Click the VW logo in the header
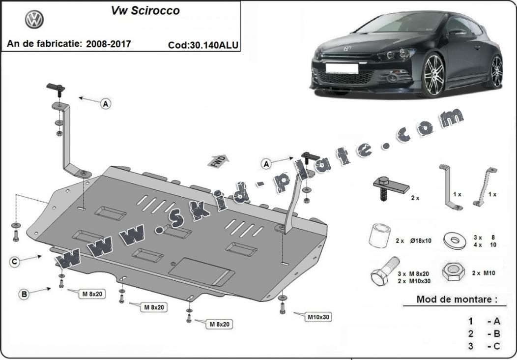(x=34, y=19)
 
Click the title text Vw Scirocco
(x=145, y=10)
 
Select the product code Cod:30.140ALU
(x=203, y=45)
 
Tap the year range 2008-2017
(x=108, y=44)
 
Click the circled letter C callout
(x=15, y=262)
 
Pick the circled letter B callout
(x=23, y=295)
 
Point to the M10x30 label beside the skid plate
(x=319, y=317)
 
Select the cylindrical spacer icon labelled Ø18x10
(x=379, y=236)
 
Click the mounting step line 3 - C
(x=484, y=346)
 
